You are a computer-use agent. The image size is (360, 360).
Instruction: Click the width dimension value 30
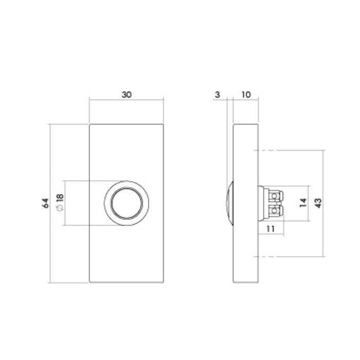point(126,95)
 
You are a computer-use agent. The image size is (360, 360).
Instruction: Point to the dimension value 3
point(218,95)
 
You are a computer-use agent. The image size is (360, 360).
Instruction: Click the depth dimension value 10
point(245,95)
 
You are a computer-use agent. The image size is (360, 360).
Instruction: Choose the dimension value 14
point(303,203)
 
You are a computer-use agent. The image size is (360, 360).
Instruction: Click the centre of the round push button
point(126,203)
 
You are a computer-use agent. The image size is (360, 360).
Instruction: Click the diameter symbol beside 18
point(59,208)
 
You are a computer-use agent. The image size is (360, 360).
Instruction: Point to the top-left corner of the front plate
point(89,124)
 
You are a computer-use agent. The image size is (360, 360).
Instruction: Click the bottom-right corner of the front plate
point(164,283)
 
